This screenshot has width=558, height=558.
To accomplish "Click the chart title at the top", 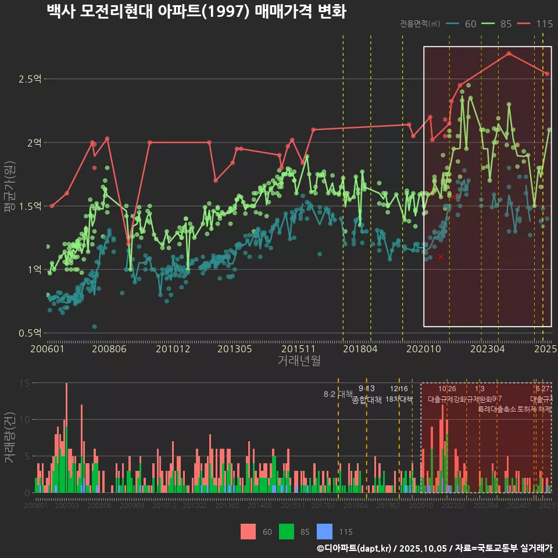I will [x=196, y=12].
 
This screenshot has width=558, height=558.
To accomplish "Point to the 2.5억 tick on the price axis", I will [x=30, y=79].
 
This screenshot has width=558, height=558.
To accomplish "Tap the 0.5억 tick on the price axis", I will [x=30, y=333].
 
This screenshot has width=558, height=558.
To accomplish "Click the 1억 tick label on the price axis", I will [x=34, y=270].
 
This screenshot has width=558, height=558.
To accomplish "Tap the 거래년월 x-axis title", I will [x=299, y=361].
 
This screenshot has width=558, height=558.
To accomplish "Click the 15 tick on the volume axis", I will [x=24, y=383].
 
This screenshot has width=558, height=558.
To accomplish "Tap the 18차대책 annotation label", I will [x=399, y=399].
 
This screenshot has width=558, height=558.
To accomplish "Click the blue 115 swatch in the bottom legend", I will [x=324, y=531].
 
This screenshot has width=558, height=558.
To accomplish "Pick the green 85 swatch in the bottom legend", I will [x=287, y=531].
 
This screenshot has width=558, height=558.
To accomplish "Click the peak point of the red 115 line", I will [x=509, y=53].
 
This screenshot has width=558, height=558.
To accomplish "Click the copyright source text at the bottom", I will [x=434, y=548].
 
